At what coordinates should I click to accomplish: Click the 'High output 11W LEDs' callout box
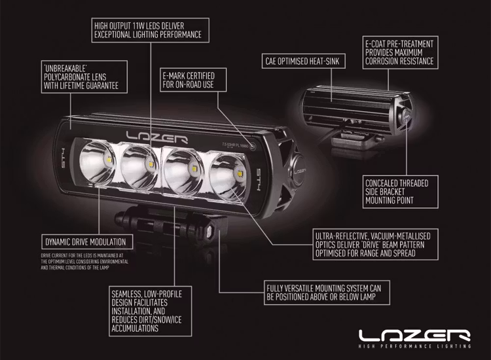[x=147, y=29]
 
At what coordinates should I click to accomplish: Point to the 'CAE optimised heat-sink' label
[x=305, y=62]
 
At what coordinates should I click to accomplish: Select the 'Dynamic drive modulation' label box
[x=83, y=241]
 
